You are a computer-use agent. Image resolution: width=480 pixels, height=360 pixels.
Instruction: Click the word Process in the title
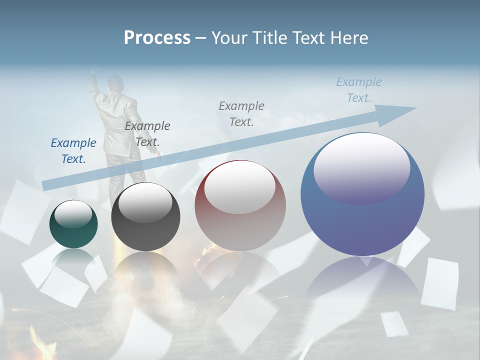click(157, 38)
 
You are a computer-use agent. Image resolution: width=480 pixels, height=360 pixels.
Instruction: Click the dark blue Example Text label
click(73, 150)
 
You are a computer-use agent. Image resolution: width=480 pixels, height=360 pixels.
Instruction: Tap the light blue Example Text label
click(359, 89)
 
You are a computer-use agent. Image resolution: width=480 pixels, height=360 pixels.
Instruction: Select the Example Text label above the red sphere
click(241, 113)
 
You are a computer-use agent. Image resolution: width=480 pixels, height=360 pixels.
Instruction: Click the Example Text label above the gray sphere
click(147, 133)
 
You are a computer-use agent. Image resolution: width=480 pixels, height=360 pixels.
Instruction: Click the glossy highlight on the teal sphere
click(73, 214)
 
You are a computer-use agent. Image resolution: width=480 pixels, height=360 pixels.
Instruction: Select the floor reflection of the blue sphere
click(362, 280)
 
